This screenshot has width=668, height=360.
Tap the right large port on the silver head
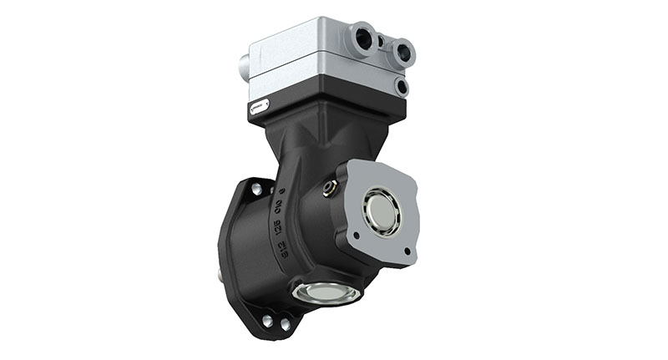coord(403,53)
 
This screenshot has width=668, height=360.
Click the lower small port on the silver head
coord(402,85)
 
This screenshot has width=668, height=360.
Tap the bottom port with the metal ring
coord(326,292)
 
